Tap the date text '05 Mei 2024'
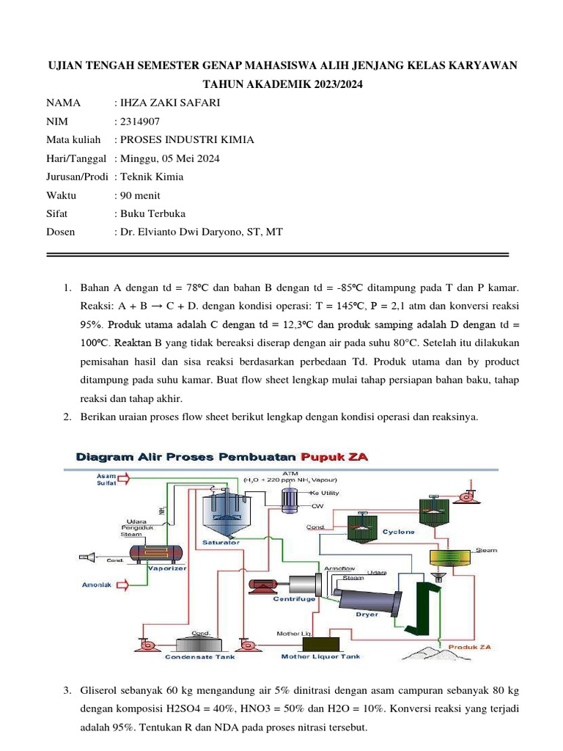coord(191,158)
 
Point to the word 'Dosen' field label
coord(62,232)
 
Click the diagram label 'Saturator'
coord(221,543)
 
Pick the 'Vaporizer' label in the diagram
coord(167,567)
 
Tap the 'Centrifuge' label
coord(294,599)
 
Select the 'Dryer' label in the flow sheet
coord(367,614)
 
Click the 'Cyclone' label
coord(400,531)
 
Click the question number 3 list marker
coord(66,691)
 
